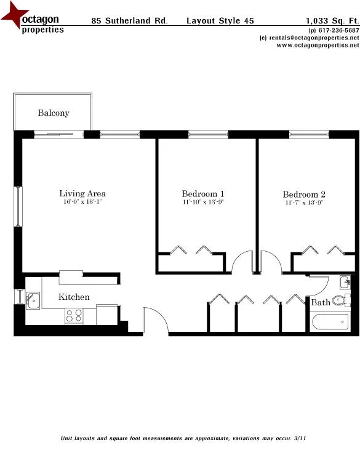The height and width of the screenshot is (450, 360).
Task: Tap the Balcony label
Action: pos(54,113)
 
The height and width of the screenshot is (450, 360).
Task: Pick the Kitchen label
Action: pos(74,297)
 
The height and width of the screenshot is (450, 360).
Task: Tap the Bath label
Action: pos(320,303)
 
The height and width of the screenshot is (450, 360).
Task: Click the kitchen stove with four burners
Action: pos(74,315)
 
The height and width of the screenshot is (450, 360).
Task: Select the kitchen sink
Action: pos(33,300)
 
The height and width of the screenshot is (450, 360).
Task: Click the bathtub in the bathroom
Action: pos(330,323)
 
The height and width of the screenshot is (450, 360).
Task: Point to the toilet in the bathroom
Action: pos(339,301)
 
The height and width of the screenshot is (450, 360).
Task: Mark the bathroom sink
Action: pos(344,283)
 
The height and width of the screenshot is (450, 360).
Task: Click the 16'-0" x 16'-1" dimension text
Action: pos(82,203)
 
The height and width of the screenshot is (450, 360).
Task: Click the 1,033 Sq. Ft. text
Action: pos(332,20)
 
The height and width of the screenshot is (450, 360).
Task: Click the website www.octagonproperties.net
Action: pos(313,45)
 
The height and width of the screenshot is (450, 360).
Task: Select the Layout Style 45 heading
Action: pos(220,20)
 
